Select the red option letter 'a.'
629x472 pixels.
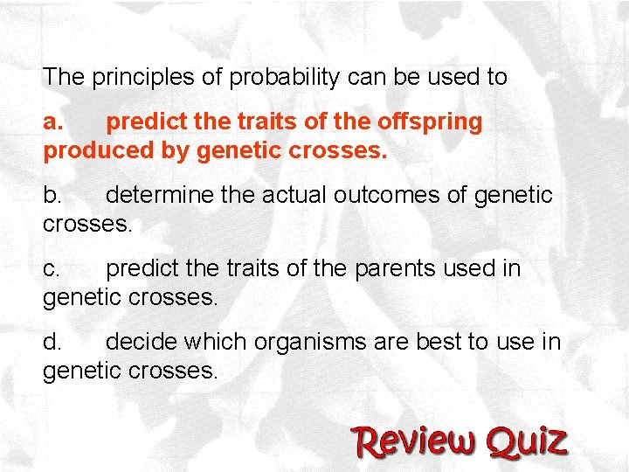53,121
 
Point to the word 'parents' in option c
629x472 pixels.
384,268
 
